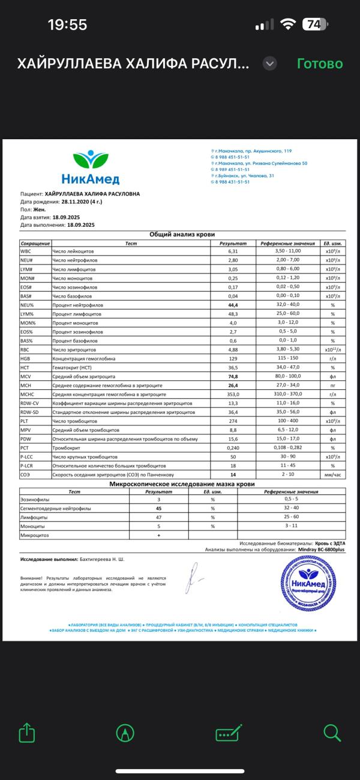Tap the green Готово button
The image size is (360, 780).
[320, 64]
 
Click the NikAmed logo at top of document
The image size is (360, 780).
[90, 167]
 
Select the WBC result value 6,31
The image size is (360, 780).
[233, 251]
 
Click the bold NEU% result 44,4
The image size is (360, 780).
[233, 305]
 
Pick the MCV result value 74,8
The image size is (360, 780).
[233, 376]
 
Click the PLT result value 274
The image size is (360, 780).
[233, 422]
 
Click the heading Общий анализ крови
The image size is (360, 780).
[182, 235]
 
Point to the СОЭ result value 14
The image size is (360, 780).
[233, 475]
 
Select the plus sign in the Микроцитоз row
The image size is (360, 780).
[158, 535]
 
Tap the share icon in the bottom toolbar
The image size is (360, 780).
[25, 733]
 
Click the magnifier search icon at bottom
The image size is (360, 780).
[332, 733]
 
